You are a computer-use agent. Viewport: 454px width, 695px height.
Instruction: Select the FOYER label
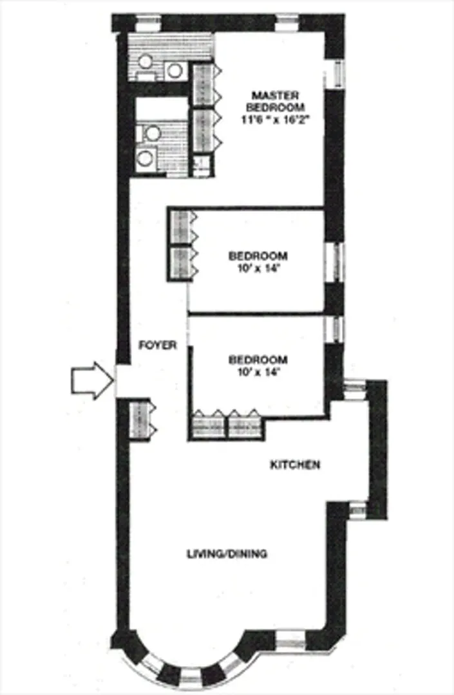158,346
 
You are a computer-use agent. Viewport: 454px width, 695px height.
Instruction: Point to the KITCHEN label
294,465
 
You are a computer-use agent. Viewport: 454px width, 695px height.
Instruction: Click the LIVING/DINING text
227,553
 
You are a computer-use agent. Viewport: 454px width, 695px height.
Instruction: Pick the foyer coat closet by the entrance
140,420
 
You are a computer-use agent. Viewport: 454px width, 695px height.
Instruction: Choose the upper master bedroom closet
203,84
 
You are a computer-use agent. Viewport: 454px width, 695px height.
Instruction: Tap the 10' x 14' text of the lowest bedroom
258,371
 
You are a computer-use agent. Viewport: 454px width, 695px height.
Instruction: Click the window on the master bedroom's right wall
336,75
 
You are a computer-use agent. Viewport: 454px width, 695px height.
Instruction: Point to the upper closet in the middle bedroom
180,227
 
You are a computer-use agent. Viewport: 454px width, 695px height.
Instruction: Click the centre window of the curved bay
191,678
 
